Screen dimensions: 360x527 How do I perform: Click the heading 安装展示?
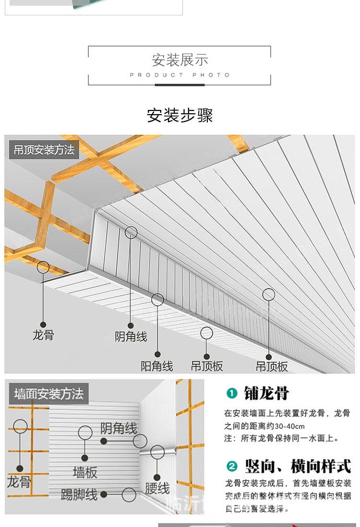click(x=180, y=60)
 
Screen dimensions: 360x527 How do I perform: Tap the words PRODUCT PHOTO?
click(x=180, y=75)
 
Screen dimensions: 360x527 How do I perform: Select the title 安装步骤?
click(x=180, y=116)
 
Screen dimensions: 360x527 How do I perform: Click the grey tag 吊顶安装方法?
click(x=44, y=150)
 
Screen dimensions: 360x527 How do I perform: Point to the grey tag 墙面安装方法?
click(x=48, y=394)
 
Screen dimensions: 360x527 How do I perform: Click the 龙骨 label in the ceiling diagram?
click(x=43, y=335)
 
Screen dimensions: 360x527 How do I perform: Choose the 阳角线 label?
click(x=157, y=366)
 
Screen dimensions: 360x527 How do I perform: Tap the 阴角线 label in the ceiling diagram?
click(x=131, y=336)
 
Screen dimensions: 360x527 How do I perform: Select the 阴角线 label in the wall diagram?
click(x=119, y=428)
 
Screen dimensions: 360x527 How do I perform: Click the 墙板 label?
click(x=85, y=473)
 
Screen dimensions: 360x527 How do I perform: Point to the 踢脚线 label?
click(x=79, y=494)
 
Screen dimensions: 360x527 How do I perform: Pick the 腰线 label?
click(x=157, y=489)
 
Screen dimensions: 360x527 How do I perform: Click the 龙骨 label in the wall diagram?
click(x=19, y=482)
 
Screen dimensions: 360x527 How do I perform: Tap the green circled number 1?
click(x=232, y=394)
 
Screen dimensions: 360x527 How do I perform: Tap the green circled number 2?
click(x=232, y=466)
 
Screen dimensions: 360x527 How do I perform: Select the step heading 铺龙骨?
click(x=266, y=394)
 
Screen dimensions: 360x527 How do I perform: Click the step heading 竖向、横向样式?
click(x=298, y=466)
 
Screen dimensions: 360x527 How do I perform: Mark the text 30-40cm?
click(x=289, y=426)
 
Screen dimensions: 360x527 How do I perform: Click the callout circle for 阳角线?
click(x=157, y=300)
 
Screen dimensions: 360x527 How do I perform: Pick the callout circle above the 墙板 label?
click(x=85, y=432)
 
